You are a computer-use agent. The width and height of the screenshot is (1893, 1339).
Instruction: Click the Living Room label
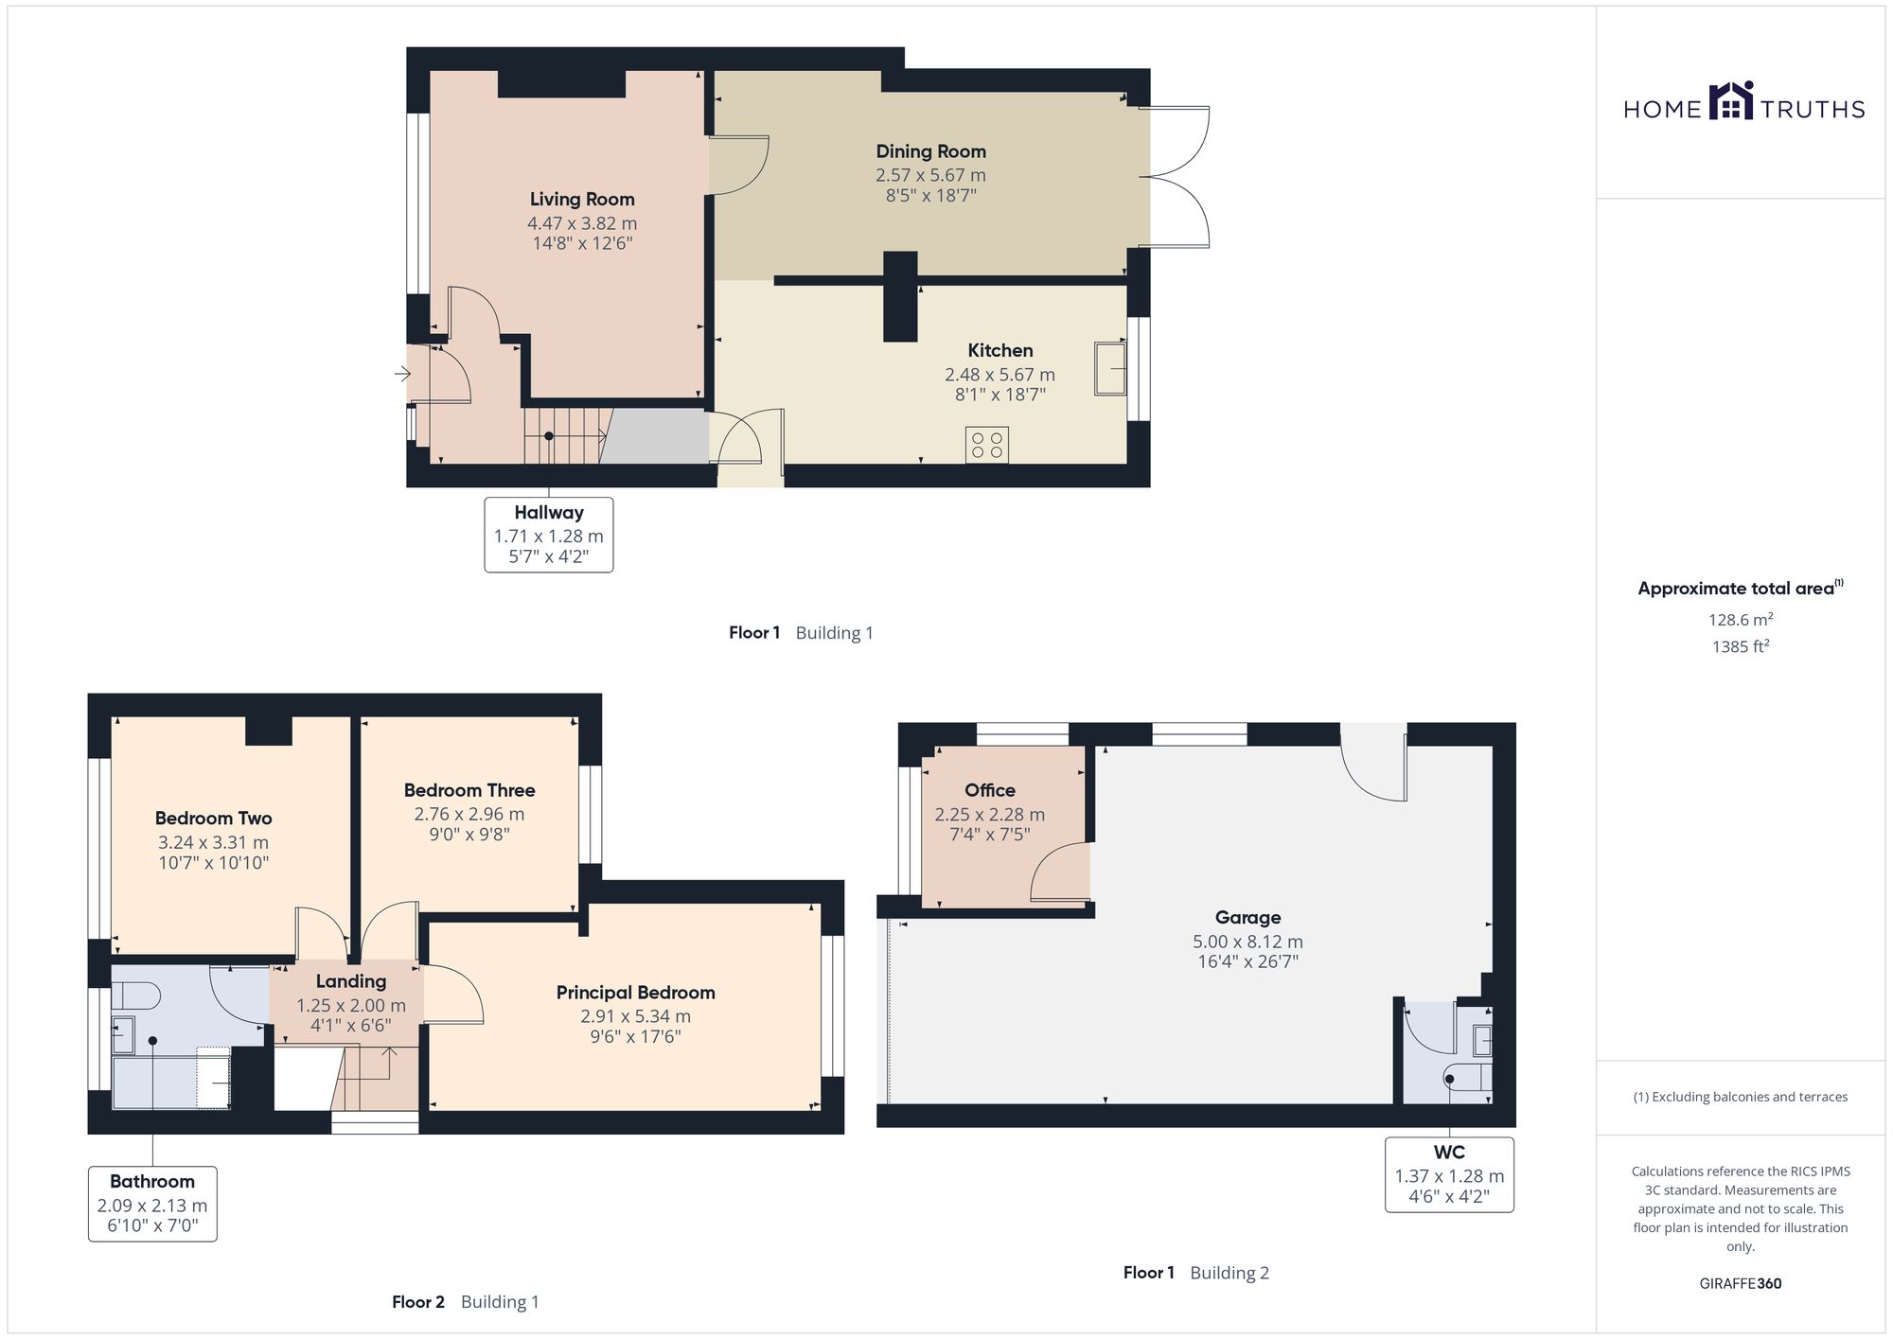pos(582,199)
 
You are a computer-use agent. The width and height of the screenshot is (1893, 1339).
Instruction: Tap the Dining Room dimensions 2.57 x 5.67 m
pos(930,175)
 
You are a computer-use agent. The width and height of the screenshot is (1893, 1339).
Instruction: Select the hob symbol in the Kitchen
pos(987,446)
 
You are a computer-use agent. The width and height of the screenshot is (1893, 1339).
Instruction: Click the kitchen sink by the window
pos(1111,368)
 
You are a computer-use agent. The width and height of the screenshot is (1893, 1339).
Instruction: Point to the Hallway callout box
pos(549,535)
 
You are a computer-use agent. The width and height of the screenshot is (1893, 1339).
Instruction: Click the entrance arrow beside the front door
pos(403,375)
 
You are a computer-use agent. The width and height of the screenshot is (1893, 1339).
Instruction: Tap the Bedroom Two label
pos(213,819)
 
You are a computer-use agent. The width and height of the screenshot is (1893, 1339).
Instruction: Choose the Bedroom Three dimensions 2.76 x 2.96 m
pos(469,814)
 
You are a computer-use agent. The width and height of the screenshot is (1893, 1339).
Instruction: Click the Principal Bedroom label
pos(635,993)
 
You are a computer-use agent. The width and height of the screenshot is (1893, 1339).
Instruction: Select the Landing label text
pos(351,981)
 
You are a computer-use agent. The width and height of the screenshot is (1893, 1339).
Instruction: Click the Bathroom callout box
pos(152,1204)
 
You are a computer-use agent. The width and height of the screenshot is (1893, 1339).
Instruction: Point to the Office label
pos(990,790)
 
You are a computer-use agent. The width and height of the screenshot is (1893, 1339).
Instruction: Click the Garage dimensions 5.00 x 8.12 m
pos(1247,942)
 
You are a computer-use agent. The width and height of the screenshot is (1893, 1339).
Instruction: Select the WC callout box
pos(1449,1174)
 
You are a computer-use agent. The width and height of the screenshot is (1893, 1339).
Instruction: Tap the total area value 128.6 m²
pos(1741,620)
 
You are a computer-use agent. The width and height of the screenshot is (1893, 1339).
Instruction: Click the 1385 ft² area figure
pos(1741,647)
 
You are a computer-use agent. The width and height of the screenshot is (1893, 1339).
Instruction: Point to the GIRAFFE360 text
pos(1741,1284)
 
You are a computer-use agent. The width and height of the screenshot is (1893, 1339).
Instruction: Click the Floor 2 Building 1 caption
pos(466,1302)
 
